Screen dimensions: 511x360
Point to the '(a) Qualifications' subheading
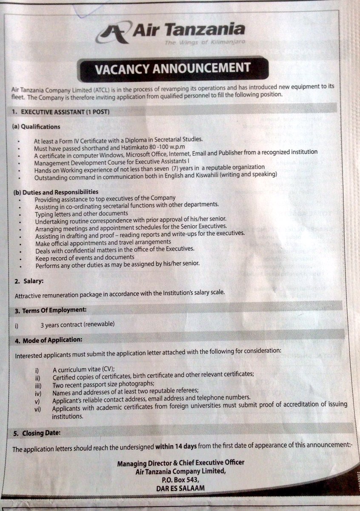tap(36, 126)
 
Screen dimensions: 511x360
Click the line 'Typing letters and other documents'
tap(81, 212)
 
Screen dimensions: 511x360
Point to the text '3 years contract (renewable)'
tap(77, 324)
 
